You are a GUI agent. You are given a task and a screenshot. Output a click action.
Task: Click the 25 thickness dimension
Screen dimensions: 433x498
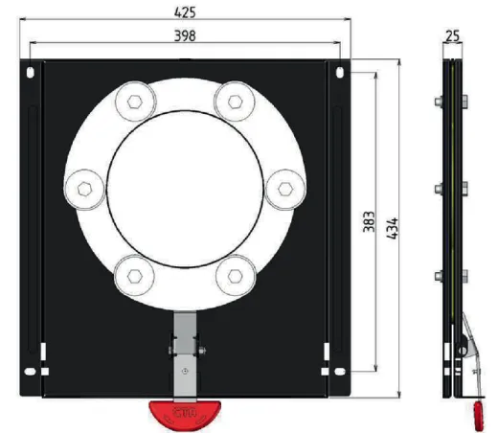tap(455, 35)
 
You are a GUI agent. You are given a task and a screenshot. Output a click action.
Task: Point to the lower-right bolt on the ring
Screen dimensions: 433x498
tap(236, 274)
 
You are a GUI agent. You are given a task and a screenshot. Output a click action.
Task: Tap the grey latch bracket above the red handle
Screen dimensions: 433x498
tap(184, 358)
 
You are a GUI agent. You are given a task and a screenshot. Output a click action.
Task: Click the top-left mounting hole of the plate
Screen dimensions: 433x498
tap(34, 72)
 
